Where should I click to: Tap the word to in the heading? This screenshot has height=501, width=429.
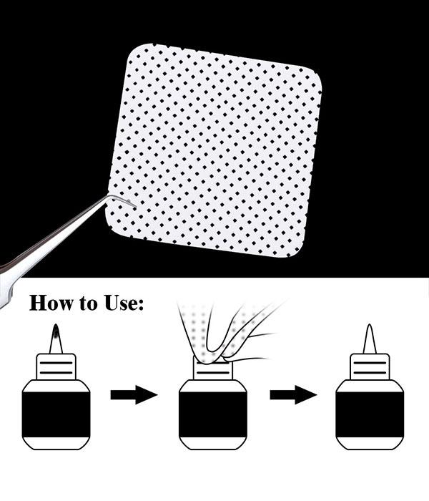pyautogui.click(x=88, y=303)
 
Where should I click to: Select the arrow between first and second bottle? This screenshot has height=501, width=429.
pyautogui.click(x=134, y=394)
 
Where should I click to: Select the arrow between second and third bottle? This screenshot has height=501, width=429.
pyautogui.click(x=293, y=394)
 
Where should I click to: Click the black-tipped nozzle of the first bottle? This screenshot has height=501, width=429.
pyautogui.click(x=56, y=334)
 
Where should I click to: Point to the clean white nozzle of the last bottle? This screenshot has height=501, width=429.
pyautogui.click(x=370, y=339)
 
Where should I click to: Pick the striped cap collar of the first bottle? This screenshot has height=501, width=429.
pyautogui.click(x=56, y=367)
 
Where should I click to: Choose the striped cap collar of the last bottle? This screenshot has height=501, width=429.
pyautogui.click(x=370, y=367)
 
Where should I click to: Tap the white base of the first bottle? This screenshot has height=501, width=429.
pyautogui.click(x=56, y=440)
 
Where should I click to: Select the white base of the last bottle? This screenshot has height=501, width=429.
pyautogui.click(x=370, y=440)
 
